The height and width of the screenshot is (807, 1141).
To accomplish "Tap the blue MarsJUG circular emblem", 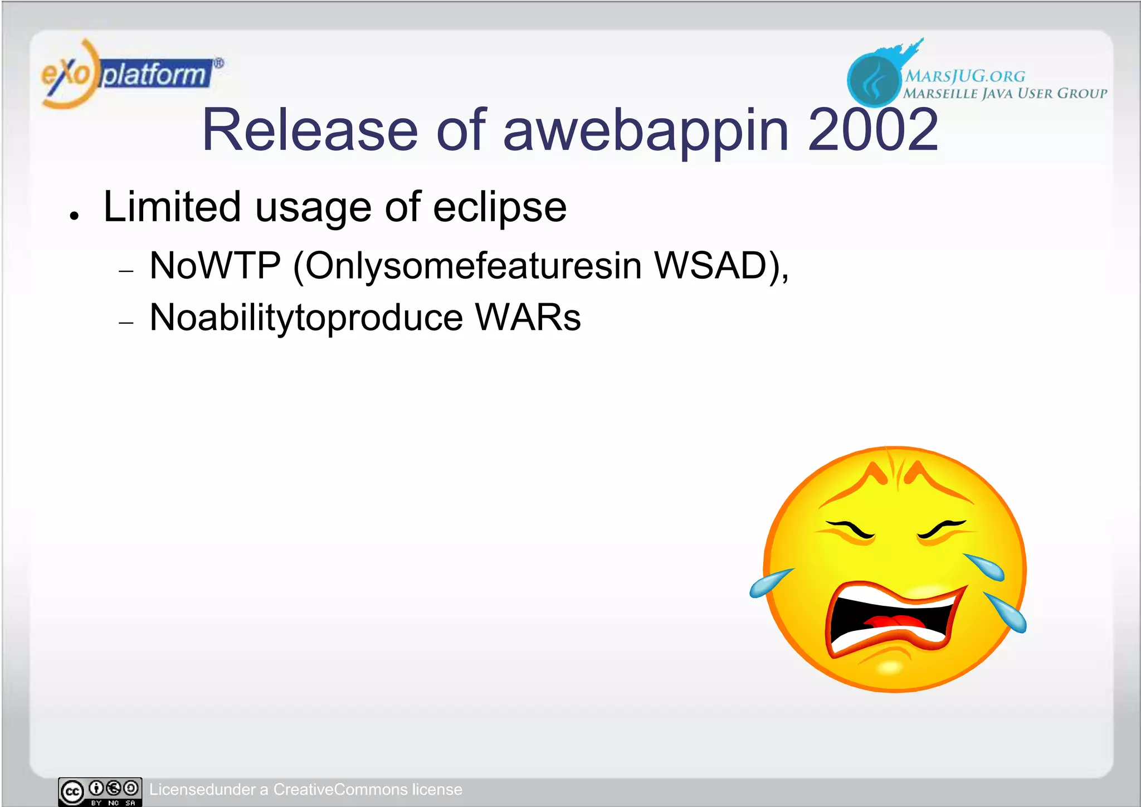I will pyautogui.click(x=873, y=80).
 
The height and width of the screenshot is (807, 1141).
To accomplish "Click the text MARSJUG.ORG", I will pyautogui.click(x=964, y=76).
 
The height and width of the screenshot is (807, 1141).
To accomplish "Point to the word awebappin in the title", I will pyautogui.click(x=646, y=131).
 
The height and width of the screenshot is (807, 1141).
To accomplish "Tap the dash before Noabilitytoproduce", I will pyautogui.click(x=126, y=323).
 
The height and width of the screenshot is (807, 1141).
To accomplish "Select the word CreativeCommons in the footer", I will pyautogui.click(x=340, y=790).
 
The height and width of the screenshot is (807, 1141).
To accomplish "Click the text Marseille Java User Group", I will pyautogui.click(x=1005, y=93).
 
